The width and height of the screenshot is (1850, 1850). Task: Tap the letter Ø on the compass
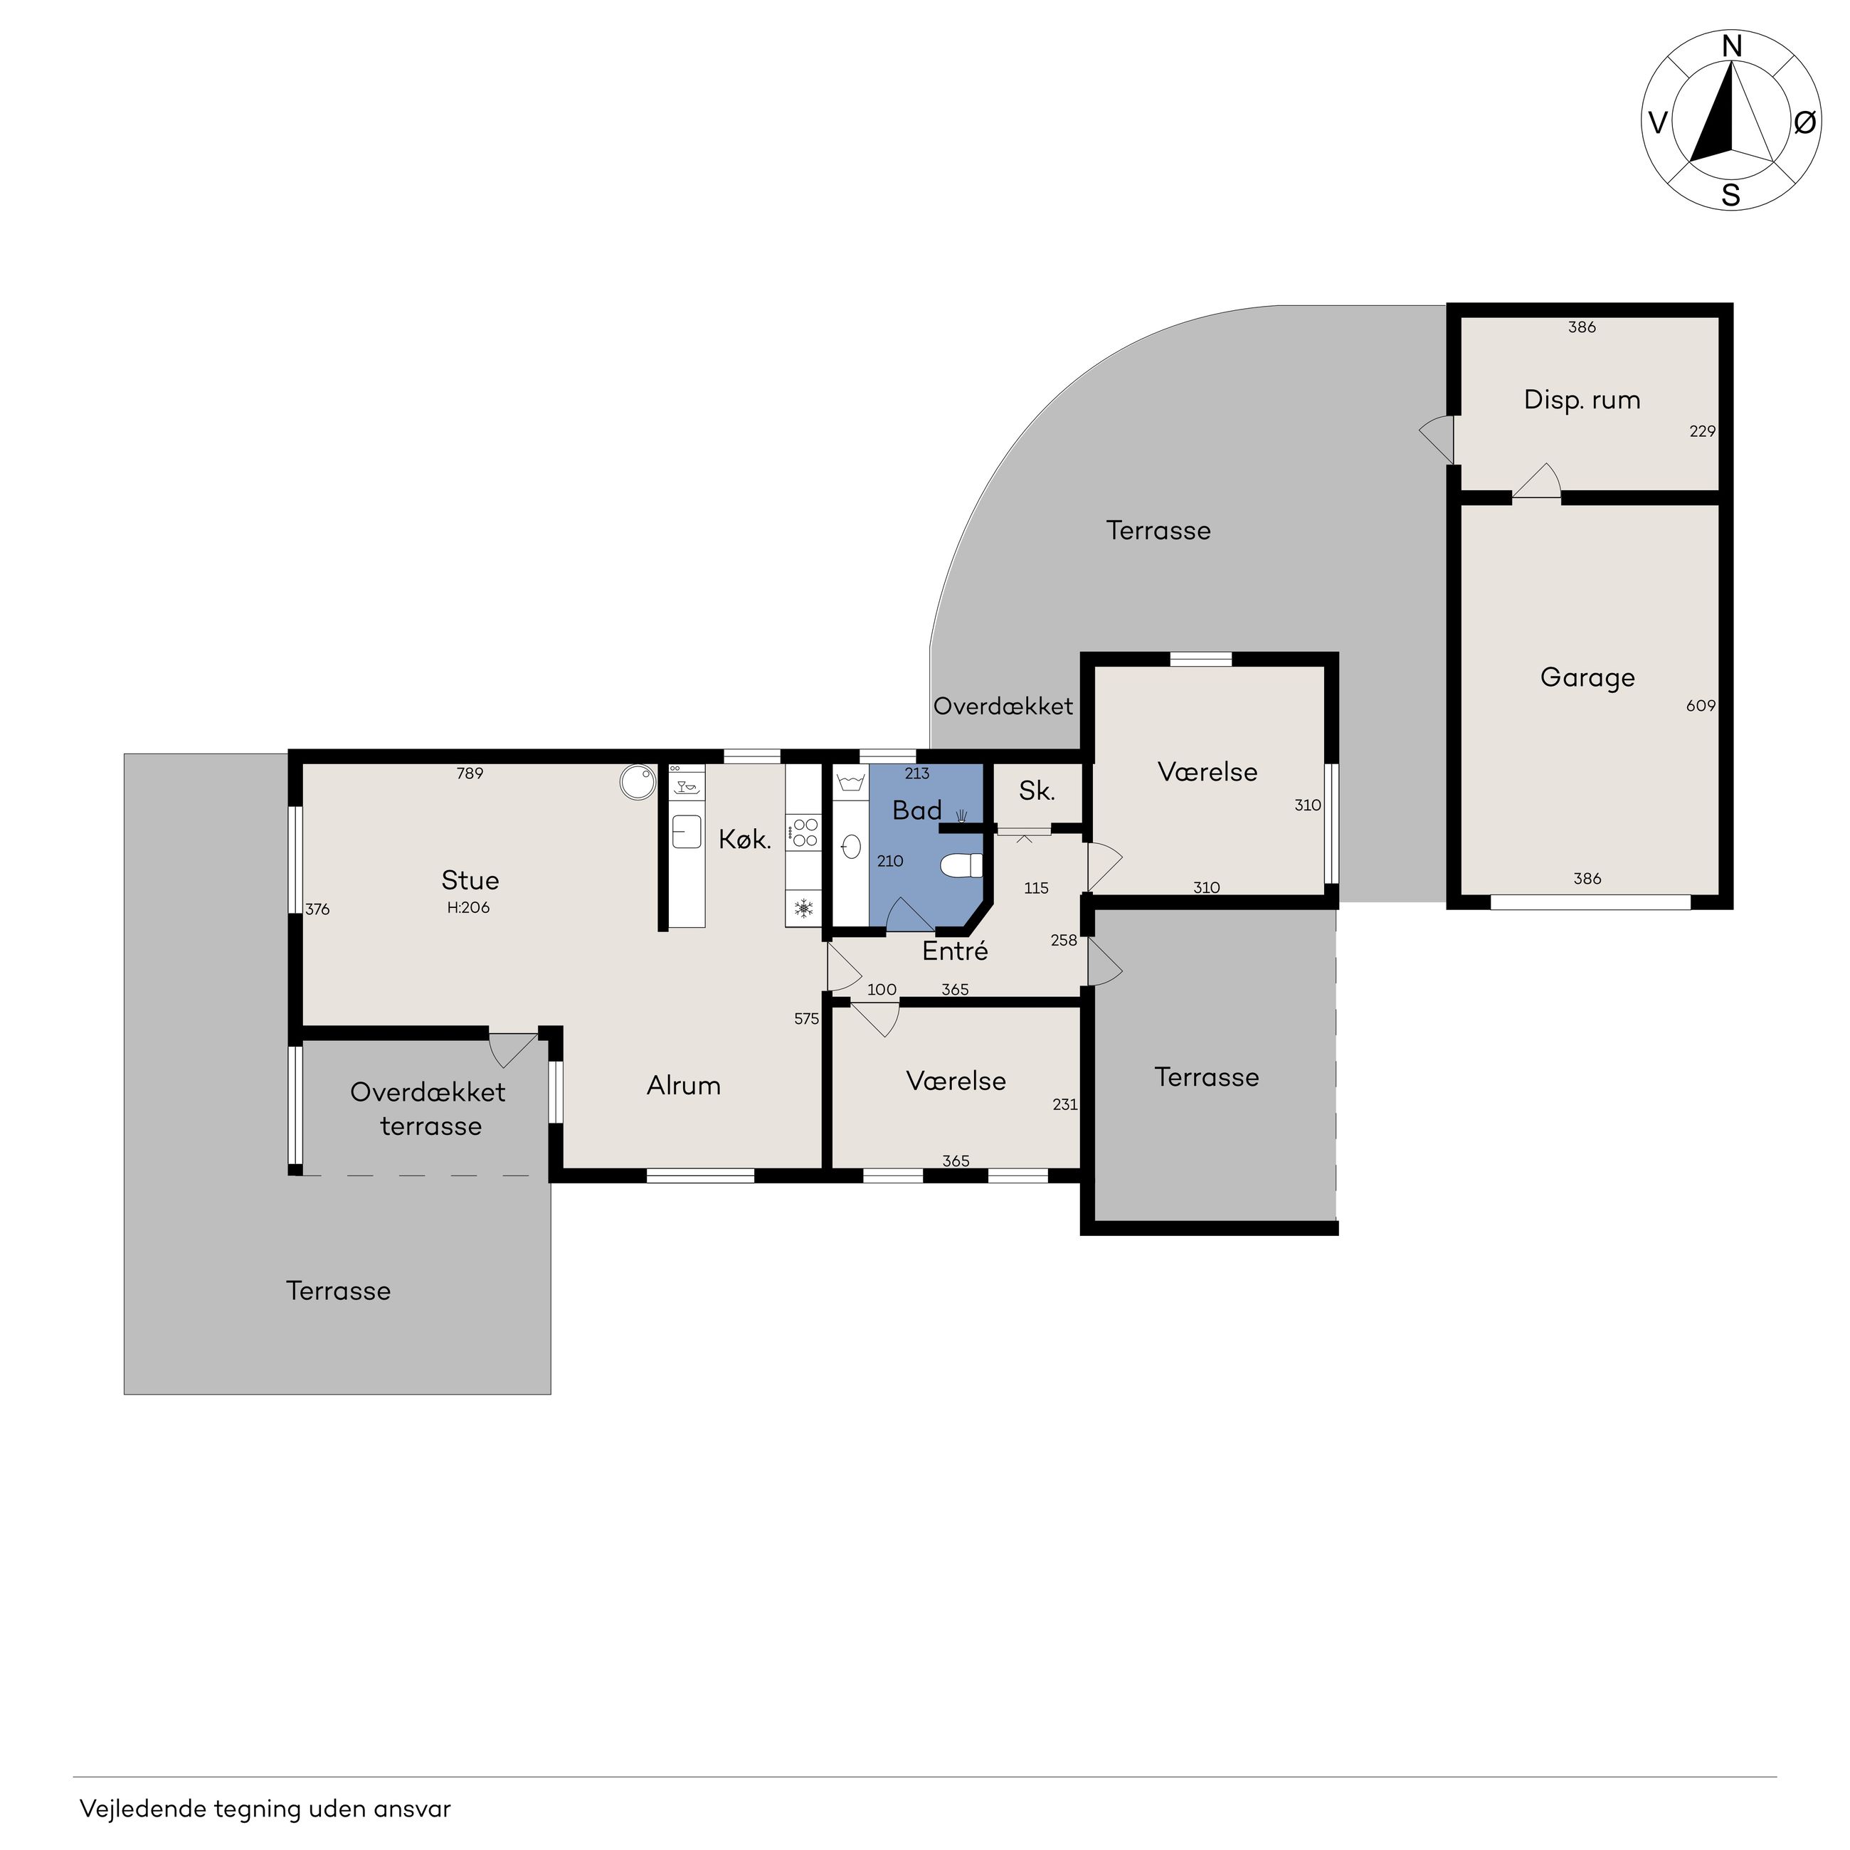[x=1804, y=122]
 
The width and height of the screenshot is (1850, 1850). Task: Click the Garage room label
[x=1587, y=678]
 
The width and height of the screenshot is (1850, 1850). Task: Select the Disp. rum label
[x=1582, y=401]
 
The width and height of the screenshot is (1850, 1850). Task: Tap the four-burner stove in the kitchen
[x=803, y=832]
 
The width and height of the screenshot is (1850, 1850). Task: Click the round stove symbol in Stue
[x=637, y=782]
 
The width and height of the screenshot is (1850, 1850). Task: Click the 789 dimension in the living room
[x=470, y=773]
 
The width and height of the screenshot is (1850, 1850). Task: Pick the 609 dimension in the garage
[x=1701, y=706]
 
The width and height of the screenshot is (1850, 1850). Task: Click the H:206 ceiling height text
[x=468, y=908]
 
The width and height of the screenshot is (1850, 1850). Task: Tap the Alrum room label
[x=684, y=1085]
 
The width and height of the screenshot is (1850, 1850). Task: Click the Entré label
[x=955, y=951]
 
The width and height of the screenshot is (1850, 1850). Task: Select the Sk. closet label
[x=1037, y=791]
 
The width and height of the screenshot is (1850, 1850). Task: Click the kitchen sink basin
[x=687, y=832]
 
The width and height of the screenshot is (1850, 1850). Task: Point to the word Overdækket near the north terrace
[x=1003, y=707]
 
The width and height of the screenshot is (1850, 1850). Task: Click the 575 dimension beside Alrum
[x=806, y=1019]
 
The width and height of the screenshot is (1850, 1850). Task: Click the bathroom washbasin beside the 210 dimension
[x=850, y=847]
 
